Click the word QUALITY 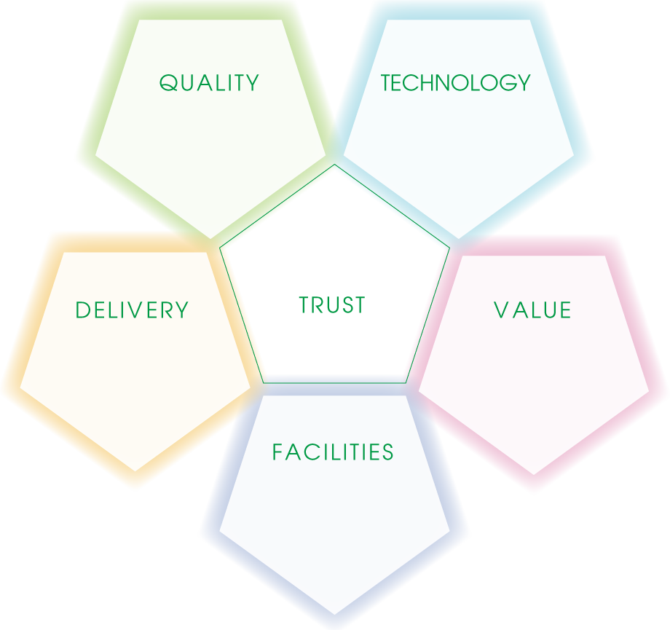pos(209,83)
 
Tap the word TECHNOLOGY pos(456,83)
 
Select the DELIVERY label pos(132,311)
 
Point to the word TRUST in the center pos(332,305)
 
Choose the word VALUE pos(533,311)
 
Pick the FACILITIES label pos(333,452)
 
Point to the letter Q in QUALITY pos(167,83)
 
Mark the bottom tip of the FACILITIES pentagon pos(334,624)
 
